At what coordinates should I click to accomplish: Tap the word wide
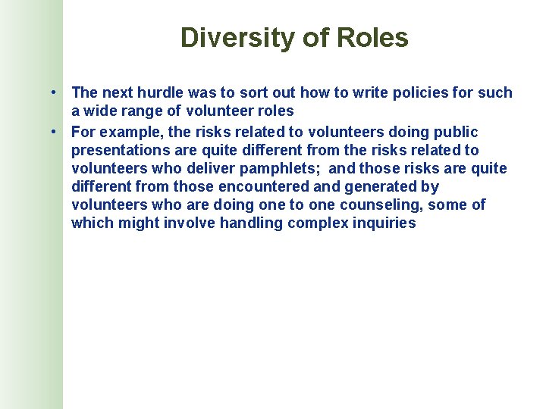[99, 111]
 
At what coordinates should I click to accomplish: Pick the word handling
[249, 223]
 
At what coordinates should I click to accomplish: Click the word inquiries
[383, 223]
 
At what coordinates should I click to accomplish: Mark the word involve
[188, 223]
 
